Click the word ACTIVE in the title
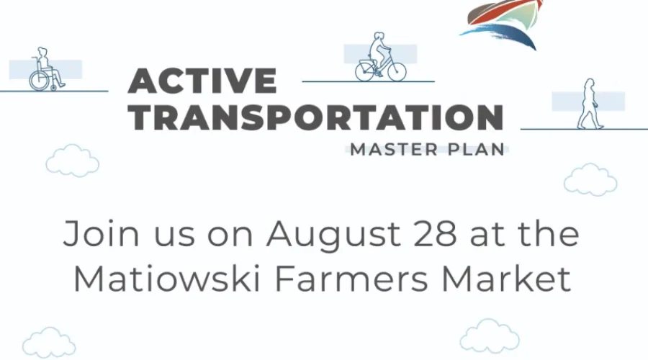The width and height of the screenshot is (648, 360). pos(202,80)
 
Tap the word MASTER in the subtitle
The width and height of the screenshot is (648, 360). pos(390,150)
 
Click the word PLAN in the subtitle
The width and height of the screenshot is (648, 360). pos(474,150)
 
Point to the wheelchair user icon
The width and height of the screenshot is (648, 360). pos(45,70)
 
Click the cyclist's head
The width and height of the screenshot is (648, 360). pos(378,37)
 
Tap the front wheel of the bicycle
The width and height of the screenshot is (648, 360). pos(395,72)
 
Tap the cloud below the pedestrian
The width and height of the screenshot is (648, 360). pos(590,179)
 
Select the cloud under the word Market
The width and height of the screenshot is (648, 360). pos(490,336)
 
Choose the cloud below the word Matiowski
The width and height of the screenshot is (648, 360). pos(49,342)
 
